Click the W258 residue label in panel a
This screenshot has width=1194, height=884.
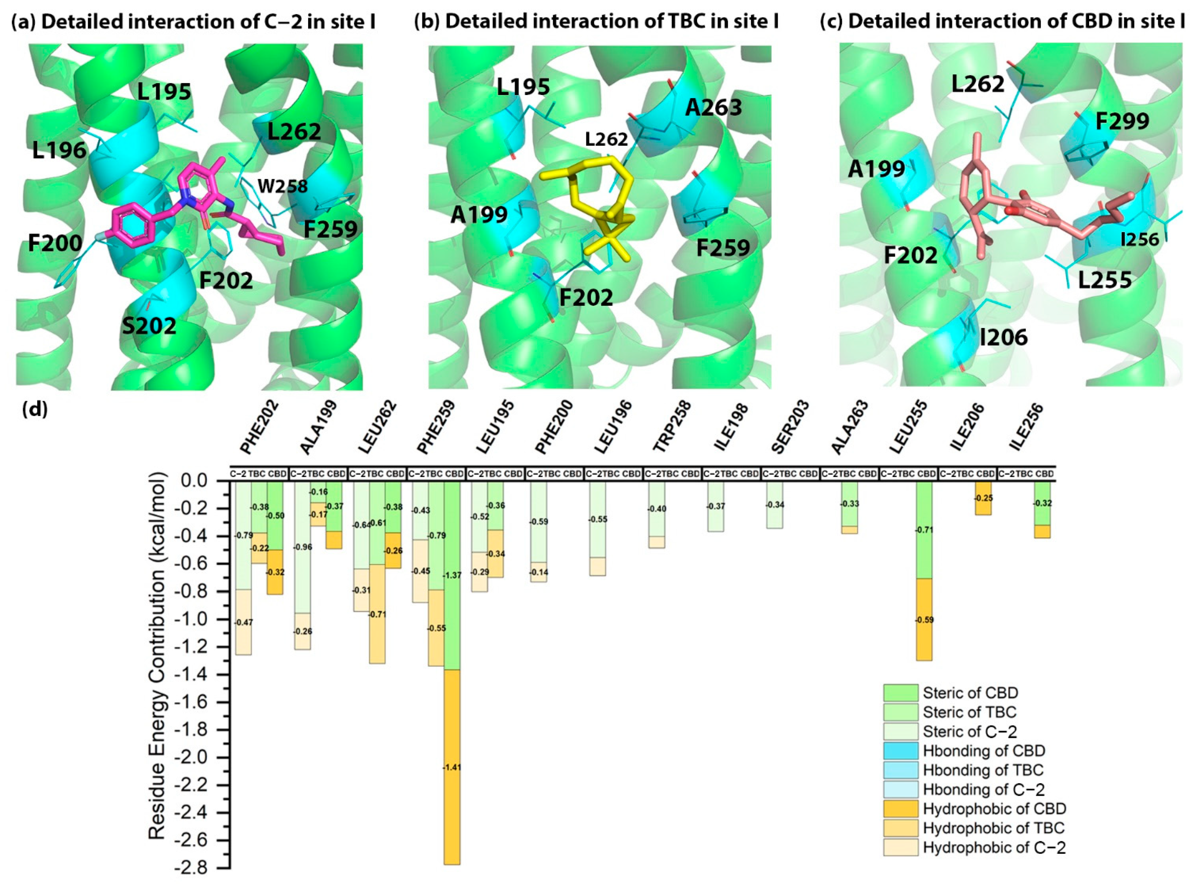pos(283,186)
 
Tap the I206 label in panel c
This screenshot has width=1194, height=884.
pos(1004,337)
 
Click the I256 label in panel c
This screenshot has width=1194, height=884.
pos(1139,239)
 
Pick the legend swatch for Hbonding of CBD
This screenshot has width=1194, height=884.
pos(900,751)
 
